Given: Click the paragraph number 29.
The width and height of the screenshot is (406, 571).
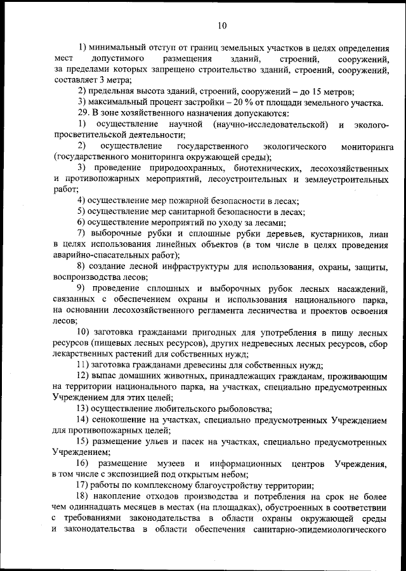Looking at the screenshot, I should (x=84, y=113).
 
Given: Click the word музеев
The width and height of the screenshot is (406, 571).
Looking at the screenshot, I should (x=167, y=464).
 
